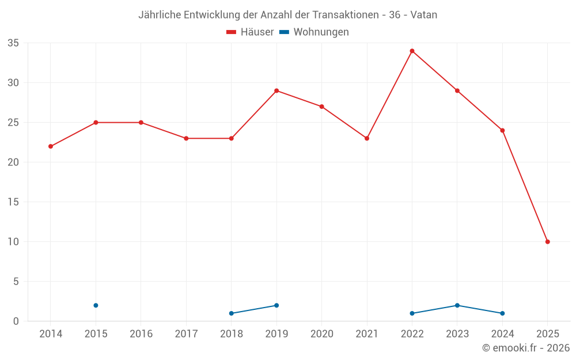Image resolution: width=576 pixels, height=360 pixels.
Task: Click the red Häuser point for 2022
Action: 412,51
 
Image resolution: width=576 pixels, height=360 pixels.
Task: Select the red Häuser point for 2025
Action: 547,242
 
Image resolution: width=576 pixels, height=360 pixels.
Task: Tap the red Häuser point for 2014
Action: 51,146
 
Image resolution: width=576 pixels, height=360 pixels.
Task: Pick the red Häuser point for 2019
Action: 276,90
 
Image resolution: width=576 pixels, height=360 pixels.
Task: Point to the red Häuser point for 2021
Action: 367,138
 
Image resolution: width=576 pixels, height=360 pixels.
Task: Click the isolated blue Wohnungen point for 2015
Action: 96,305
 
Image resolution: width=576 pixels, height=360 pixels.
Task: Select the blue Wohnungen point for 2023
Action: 457,305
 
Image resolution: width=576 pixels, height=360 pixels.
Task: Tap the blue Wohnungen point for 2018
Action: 232,313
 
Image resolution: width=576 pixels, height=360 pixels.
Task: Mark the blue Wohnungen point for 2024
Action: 502,313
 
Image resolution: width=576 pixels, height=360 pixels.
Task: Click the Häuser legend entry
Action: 251,32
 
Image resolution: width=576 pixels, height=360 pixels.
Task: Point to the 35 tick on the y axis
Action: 13,43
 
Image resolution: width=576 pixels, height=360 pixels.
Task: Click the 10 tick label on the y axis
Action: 13,242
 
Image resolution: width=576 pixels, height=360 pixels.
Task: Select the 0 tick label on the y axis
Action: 16,321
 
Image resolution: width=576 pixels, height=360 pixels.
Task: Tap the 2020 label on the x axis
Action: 321,334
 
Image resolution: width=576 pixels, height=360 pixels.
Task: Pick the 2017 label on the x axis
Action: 186,334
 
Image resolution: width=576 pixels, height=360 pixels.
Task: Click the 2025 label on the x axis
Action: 547,334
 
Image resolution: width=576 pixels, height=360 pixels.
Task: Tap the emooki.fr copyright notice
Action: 525,348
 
